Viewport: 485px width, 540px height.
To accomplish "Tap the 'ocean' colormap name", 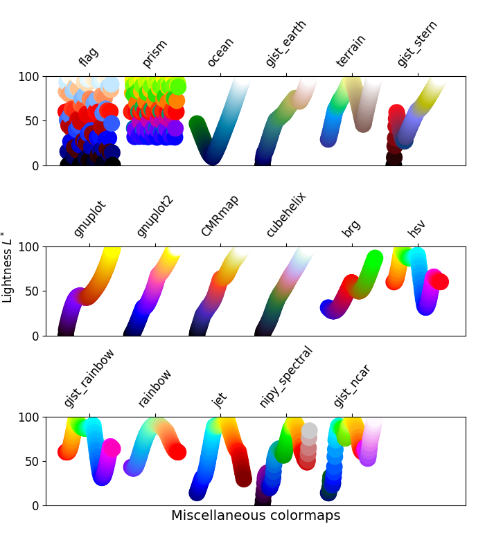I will pos(220,52).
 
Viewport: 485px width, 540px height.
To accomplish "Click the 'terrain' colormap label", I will pos(351,51).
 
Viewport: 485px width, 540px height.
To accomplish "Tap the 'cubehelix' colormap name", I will pos(285,214).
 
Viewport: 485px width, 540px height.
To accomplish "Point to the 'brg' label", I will pos(351,228).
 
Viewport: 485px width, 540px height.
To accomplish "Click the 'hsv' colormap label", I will pos(416,228).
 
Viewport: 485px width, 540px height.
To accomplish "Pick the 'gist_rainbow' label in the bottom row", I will pos(89,377).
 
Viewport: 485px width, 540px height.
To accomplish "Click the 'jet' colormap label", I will pos(220,399).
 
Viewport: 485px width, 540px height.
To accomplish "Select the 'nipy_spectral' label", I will pos(285,377).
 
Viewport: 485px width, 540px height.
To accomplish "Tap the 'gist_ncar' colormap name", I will pos(351,385).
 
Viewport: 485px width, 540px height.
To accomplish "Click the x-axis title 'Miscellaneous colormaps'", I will pos(256,516).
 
